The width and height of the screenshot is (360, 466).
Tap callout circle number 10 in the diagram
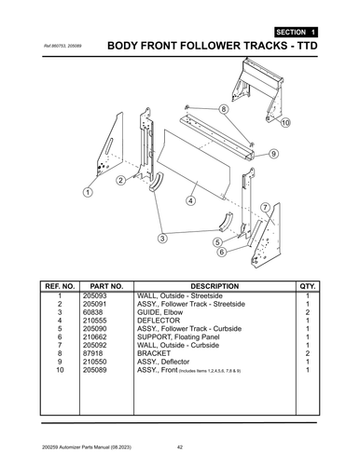click(284, 122)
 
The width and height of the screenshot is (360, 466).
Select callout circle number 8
click(223, 109)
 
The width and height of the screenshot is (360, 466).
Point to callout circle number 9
click(274, 153)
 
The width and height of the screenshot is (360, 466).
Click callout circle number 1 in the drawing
click(87, 192)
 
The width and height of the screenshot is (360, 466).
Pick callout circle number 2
click(120, 180)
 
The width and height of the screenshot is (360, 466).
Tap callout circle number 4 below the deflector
click(190, 199)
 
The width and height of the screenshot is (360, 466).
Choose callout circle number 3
click(162, 239)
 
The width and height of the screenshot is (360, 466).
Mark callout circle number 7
click(265, 207)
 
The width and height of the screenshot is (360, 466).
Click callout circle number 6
click(221, 252)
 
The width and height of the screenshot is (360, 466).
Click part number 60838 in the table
click(93, 312)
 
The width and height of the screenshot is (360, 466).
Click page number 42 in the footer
click(180, 449)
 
